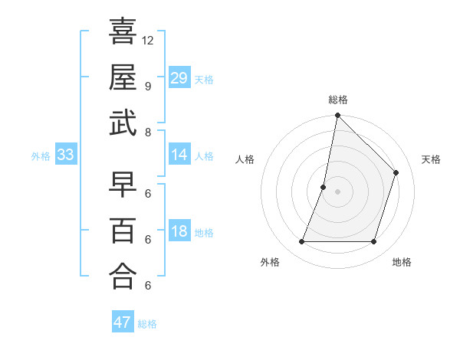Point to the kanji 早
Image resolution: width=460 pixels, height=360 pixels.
coord(123,184)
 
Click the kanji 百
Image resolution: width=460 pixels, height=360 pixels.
coord(123,230)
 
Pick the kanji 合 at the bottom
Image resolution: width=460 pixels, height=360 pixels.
coord(123,276)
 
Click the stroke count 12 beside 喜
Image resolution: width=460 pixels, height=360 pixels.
coord(148,40)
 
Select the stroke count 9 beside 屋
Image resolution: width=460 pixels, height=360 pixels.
coord(147,86)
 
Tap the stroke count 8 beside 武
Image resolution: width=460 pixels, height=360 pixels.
coord(147,132)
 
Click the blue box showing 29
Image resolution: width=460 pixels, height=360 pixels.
coord(179,78)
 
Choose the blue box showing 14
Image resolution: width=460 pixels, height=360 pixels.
coord(179,155)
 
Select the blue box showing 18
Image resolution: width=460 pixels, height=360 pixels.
coord(179,232)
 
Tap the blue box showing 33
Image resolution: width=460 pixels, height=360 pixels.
coord(65,155)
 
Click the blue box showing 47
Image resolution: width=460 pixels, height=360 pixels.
coord(122,322)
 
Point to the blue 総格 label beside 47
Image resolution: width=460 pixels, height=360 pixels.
coord(147,324)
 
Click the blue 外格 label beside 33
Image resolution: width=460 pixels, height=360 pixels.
coord(41,156)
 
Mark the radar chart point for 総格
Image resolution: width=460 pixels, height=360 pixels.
coord(337,116)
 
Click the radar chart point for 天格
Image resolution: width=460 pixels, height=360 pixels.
coord(396,172)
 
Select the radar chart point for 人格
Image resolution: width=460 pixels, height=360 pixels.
coord(324,187)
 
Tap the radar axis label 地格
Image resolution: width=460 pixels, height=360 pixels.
coord(402,262)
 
